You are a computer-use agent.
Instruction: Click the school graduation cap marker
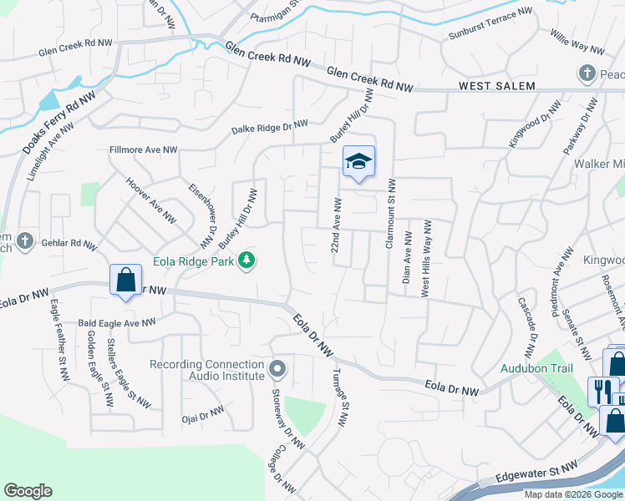(358, 161)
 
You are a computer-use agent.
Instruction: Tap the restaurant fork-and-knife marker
(603, 390)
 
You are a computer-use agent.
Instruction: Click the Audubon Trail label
(535, 367)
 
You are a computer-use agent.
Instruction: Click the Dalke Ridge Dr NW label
(270, 127)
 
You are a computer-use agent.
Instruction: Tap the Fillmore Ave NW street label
(144, 150)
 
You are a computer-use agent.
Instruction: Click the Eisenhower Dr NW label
(203, 215)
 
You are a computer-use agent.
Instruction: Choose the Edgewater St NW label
(536, 472)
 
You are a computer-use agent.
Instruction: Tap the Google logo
(28, 491)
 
